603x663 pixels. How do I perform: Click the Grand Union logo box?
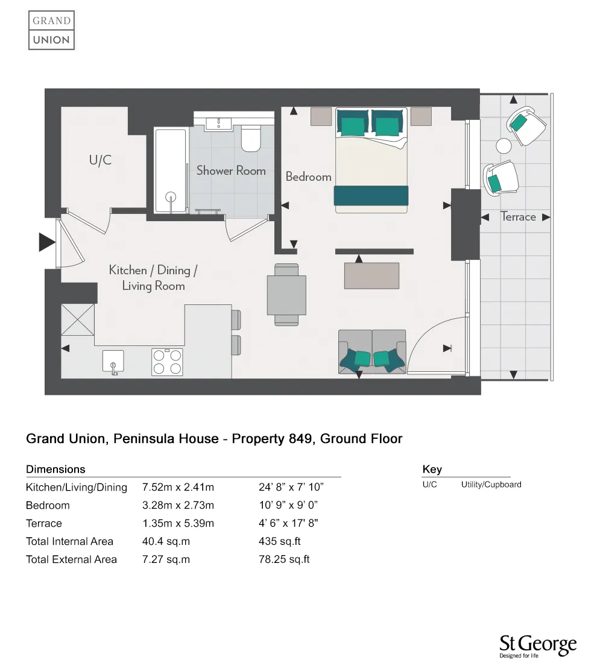[51, 30]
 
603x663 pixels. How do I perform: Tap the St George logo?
[538, 646]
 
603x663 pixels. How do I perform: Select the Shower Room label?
[231, 171]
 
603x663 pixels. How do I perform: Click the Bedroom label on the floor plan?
[308, 177]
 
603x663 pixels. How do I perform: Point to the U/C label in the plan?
[100, 160]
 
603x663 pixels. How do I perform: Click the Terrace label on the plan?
[518, 217]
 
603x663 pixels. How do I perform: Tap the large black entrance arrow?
[47, 242]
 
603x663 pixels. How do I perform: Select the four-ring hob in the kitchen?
[167, 362]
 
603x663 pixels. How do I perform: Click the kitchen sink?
[113, 362]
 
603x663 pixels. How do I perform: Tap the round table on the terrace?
[504, 146]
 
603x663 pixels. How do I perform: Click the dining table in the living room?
[286, 295]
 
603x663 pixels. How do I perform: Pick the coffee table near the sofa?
[371, 275]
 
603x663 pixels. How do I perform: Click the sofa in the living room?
[371, 353]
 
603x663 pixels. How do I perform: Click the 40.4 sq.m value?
[166, 541]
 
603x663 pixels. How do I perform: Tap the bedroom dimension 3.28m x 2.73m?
[178, 505]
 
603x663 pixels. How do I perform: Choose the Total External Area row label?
[71, 559]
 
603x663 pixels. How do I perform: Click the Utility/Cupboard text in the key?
[491, 485]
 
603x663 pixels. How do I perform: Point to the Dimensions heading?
[55, 469]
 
